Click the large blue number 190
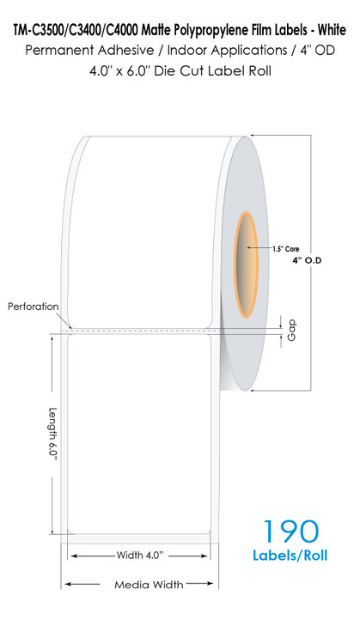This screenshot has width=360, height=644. click(x=290, y=531)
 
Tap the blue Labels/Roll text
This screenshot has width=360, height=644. click(x=290, y=556)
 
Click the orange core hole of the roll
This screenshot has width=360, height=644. click(x=246, y=265)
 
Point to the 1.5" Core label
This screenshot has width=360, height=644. click(x=285, y=249)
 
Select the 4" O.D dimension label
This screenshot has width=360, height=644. click(x=307, y=260)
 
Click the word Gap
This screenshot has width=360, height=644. click(x=292, y=331)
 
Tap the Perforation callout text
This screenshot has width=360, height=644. click(x=34, y=307)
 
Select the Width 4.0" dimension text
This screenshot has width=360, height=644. click(x=140, y=556)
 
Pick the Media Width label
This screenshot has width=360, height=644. click(x=149, y=584)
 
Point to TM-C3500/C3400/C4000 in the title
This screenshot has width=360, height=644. click(x=76, y=30)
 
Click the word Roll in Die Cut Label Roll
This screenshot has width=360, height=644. click(x=259, y=70)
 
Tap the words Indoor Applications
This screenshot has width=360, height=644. click(x=228, y=51)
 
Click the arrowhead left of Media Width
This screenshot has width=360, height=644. click(x=68, y=584)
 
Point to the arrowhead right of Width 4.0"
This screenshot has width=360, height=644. click(x=204, y=556)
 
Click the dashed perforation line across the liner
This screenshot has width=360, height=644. click(x=140, y=330)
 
